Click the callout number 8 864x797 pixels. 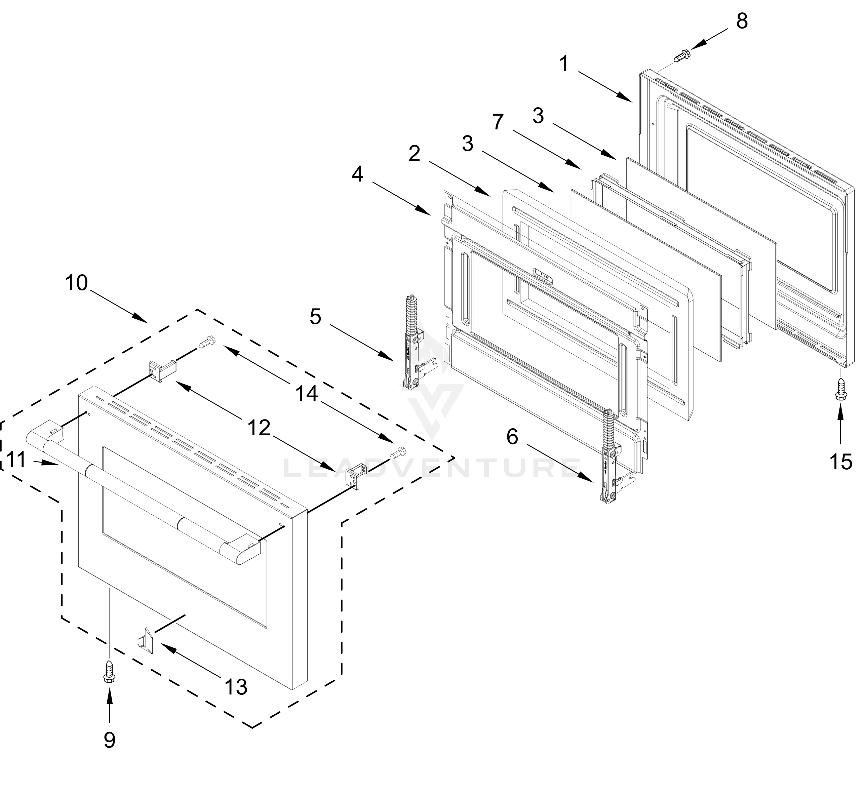point(742,22)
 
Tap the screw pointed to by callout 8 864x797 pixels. point(681,56)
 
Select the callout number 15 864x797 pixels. point(841,462)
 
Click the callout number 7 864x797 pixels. point(498,122)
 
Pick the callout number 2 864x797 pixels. point(415,154)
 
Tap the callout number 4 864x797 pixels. point(358,175)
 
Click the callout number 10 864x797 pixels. point(76,283)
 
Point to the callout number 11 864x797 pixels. point(16,460)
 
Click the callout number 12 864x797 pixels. point(259,428)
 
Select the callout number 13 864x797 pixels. point(236,687)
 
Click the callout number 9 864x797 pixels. point(110,740)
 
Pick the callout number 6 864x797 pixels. point(512,437)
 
